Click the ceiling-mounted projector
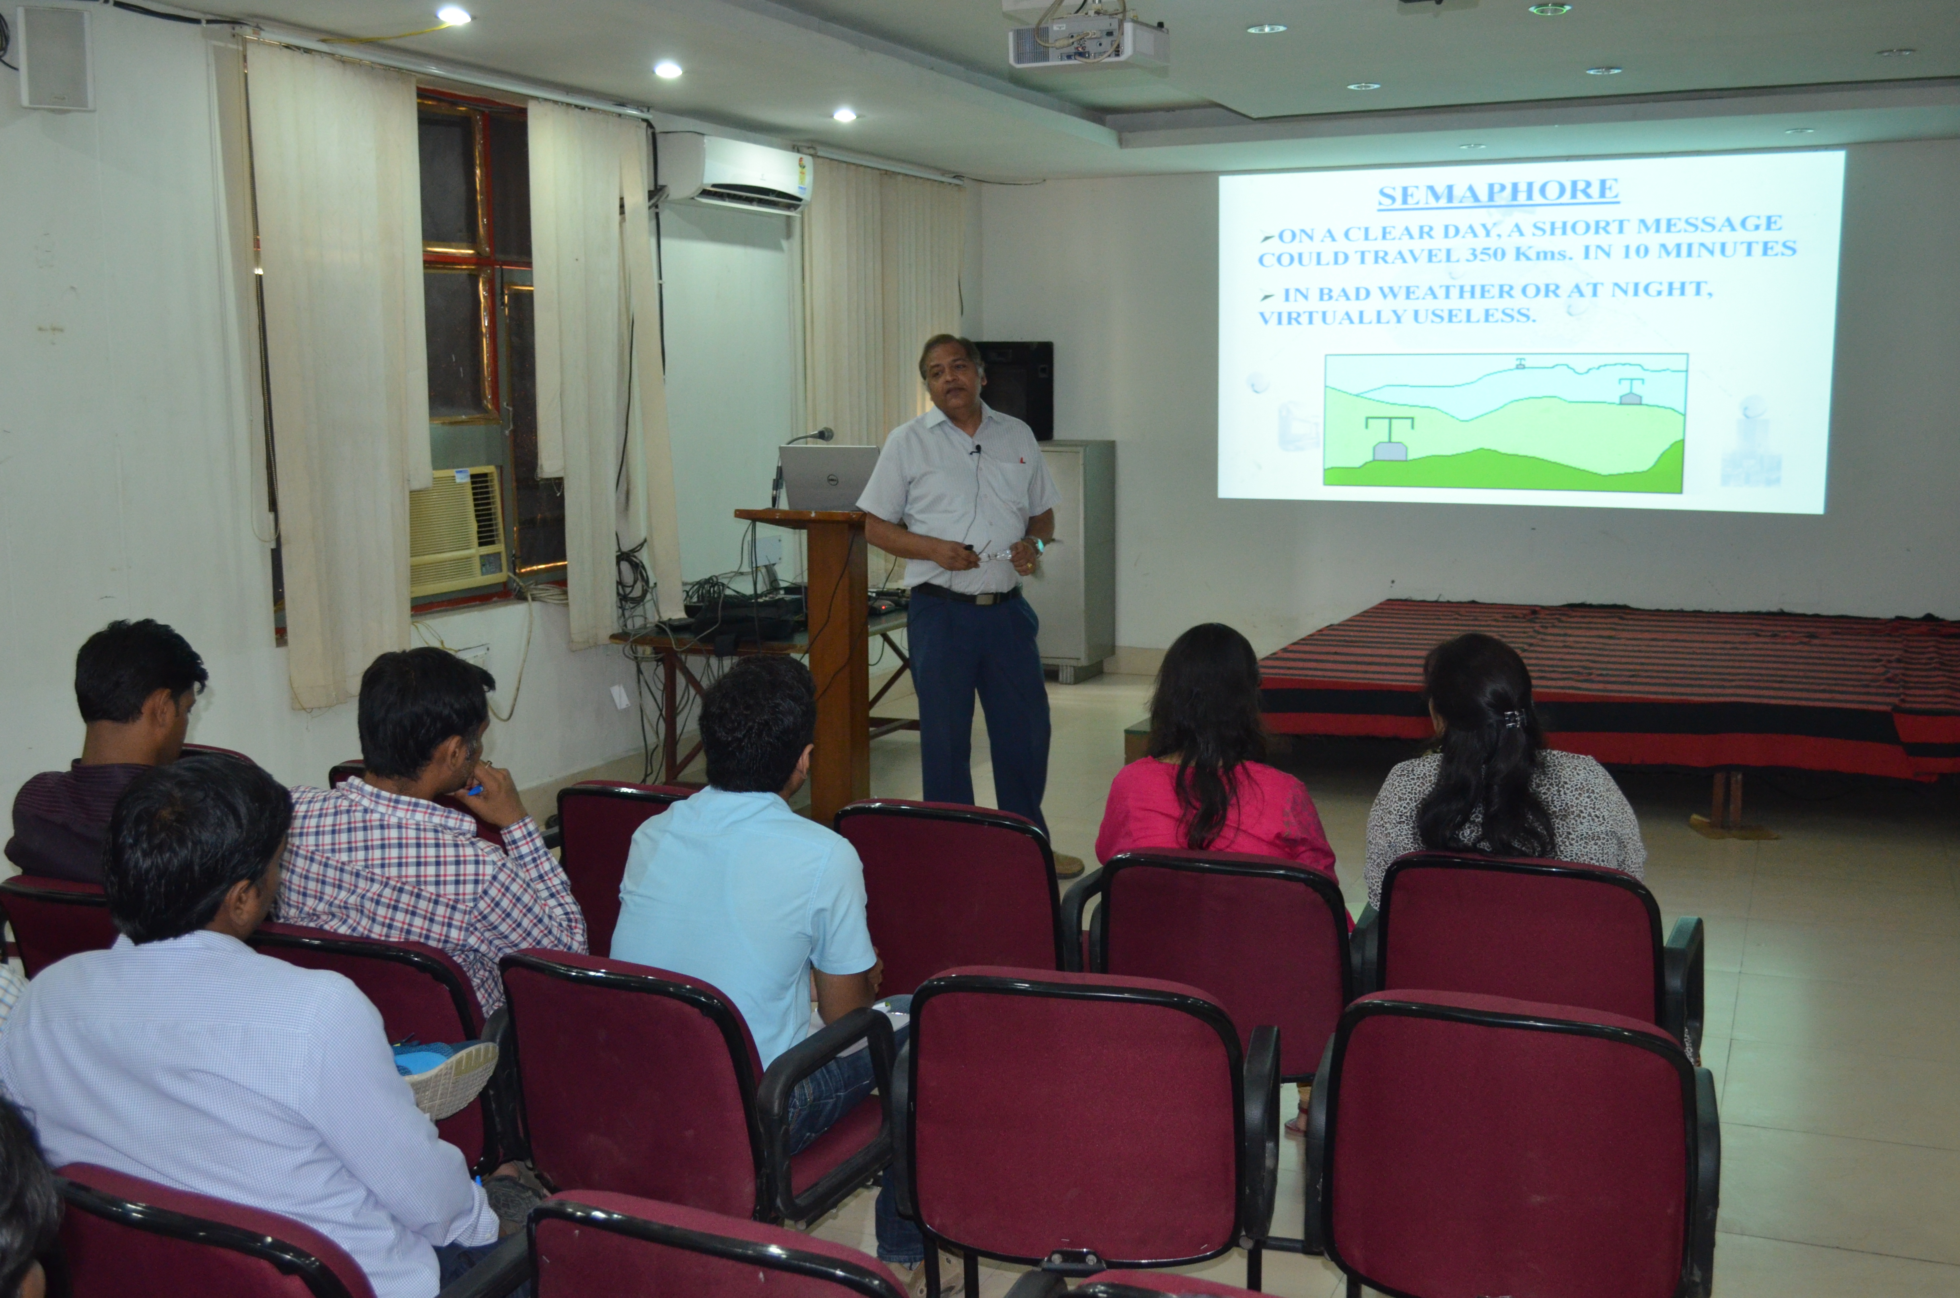point(1088,41)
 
